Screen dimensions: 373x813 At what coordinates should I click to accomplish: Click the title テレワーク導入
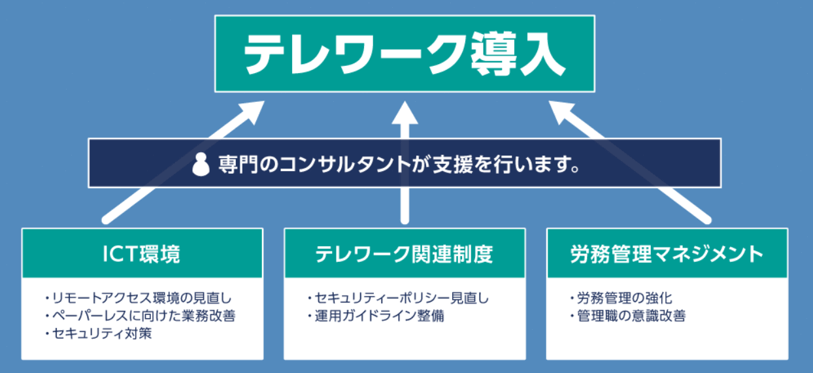click(x=405, y=54)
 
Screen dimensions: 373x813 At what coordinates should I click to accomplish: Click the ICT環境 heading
click(x=142, y=253)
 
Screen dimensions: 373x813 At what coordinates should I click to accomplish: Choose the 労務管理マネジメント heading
click(x=666, y=253)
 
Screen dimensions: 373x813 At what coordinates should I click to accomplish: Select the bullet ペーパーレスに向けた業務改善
click(x=141, y=316)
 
